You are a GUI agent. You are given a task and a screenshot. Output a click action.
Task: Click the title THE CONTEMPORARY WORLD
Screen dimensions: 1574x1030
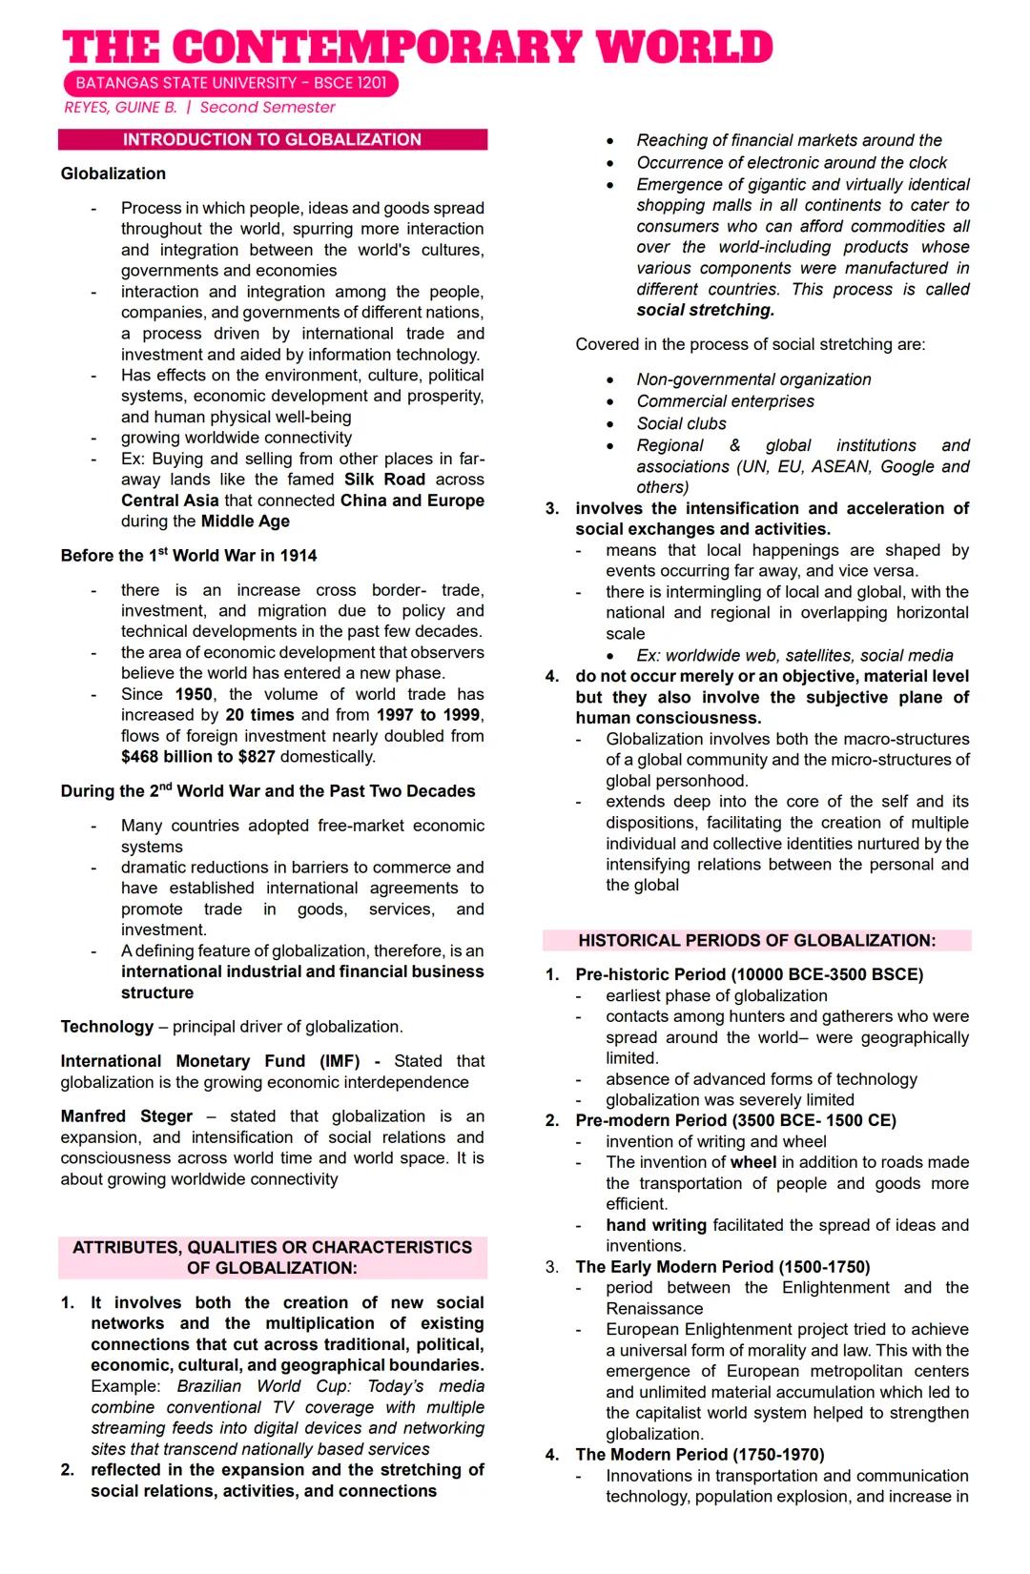point(418,48)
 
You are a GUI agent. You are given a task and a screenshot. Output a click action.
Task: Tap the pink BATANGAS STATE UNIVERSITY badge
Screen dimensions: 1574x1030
point(231,83)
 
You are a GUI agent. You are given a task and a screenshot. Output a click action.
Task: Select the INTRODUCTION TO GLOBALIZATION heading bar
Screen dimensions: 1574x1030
point(272,139)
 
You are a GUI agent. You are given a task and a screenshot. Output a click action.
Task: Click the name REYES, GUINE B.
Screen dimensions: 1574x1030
point(120,108)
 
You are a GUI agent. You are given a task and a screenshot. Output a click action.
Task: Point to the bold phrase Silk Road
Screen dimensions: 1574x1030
point(384,480)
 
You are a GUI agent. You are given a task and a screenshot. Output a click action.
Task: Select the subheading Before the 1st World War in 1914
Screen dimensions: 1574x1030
point(189,556)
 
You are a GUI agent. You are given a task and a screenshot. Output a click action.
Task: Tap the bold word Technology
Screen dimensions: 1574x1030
point(107,1027)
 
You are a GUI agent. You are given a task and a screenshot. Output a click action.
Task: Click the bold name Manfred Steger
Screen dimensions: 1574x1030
point(126,1116)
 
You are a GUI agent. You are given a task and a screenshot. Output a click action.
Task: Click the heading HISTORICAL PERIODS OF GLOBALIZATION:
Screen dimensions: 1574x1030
point(756,941)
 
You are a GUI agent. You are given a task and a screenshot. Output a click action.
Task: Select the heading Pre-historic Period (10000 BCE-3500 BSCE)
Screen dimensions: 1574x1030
point(749,975)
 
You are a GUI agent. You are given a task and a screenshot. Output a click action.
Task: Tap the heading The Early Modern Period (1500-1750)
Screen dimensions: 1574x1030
point(722,1267)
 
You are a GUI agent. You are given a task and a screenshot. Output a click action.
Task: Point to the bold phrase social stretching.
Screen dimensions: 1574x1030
point(706,311)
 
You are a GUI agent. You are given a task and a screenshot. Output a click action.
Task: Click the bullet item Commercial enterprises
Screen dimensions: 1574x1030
point(725,401)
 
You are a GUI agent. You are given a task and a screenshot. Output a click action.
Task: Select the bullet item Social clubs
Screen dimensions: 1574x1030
point(681,423)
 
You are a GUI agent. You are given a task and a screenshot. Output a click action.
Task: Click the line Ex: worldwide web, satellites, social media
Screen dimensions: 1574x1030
point(794,656)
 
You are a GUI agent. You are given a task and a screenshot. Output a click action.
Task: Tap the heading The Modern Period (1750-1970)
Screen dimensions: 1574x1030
point(699,1455)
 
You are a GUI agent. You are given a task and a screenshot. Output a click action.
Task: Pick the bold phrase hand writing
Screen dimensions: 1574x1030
point(656,1225)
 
